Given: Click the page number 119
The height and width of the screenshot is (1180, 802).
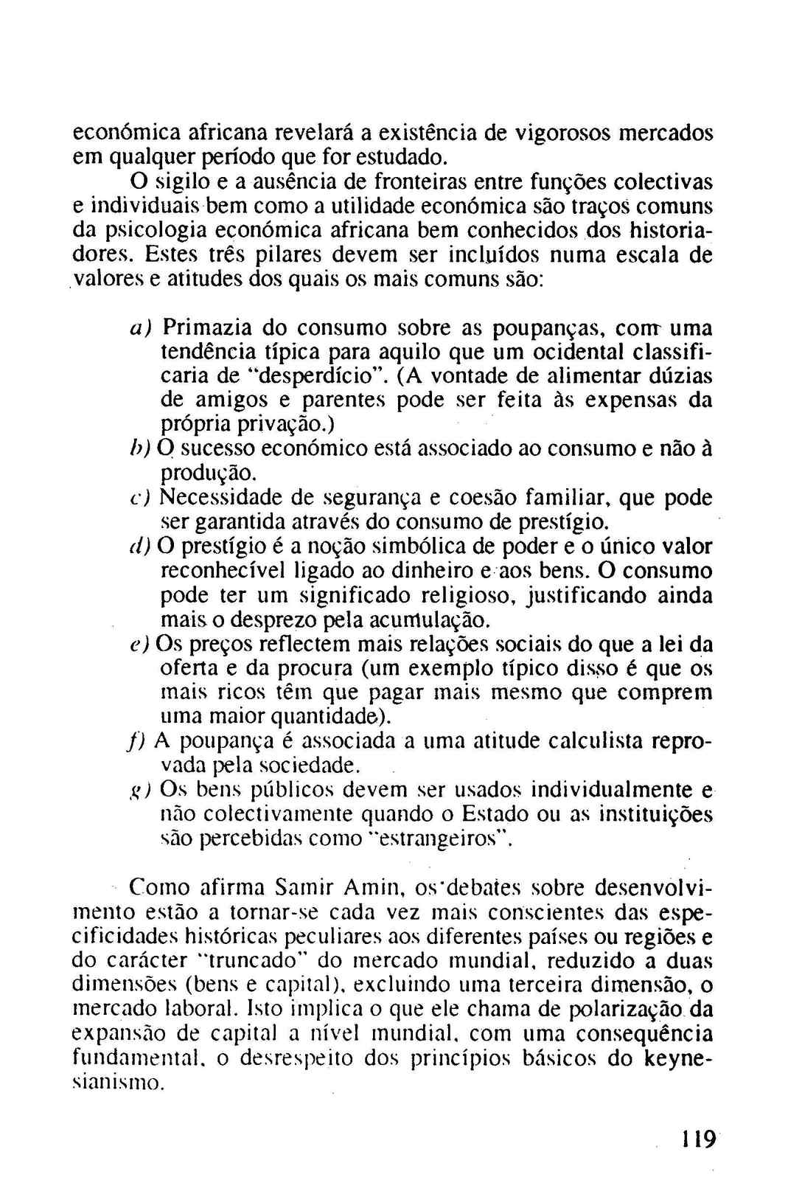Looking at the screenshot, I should click(x=697, y=1139).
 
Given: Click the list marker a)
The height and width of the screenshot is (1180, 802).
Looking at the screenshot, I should click(x=139, y=327).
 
